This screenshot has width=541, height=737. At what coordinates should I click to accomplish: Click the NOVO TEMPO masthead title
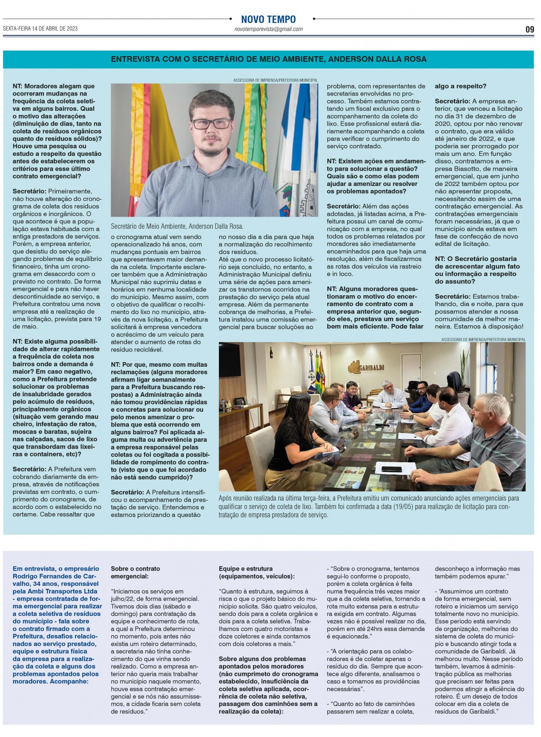tap(268, 19)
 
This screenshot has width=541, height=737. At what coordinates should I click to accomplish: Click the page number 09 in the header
tap(530, 30)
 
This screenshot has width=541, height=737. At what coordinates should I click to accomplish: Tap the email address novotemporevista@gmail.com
tap(268, 30)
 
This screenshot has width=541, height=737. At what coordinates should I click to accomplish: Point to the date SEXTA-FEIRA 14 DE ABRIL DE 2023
tap(40, 29)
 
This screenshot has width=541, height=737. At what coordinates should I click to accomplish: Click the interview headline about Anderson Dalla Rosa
tap(268, 59)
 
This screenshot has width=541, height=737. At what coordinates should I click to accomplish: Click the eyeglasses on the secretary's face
tap(211, 124)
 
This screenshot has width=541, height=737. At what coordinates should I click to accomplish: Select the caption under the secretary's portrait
tap(177, 226)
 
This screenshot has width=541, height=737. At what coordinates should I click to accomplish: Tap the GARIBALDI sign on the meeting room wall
tap(366, 367)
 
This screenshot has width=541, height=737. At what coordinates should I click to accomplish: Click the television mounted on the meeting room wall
tap(230, 360)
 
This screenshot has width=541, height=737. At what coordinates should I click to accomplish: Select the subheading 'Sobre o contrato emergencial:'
tap(136, 573)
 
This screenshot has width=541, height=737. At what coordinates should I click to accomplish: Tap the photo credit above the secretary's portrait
tap(275, 80)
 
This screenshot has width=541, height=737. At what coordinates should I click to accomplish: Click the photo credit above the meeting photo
tap(483, 340)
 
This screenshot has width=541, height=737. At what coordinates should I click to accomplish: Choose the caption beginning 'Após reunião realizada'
tap(368, 506)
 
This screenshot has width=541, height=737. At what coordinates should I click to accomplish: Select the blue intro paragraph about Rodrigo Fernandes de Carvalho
tap(56, 625)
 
